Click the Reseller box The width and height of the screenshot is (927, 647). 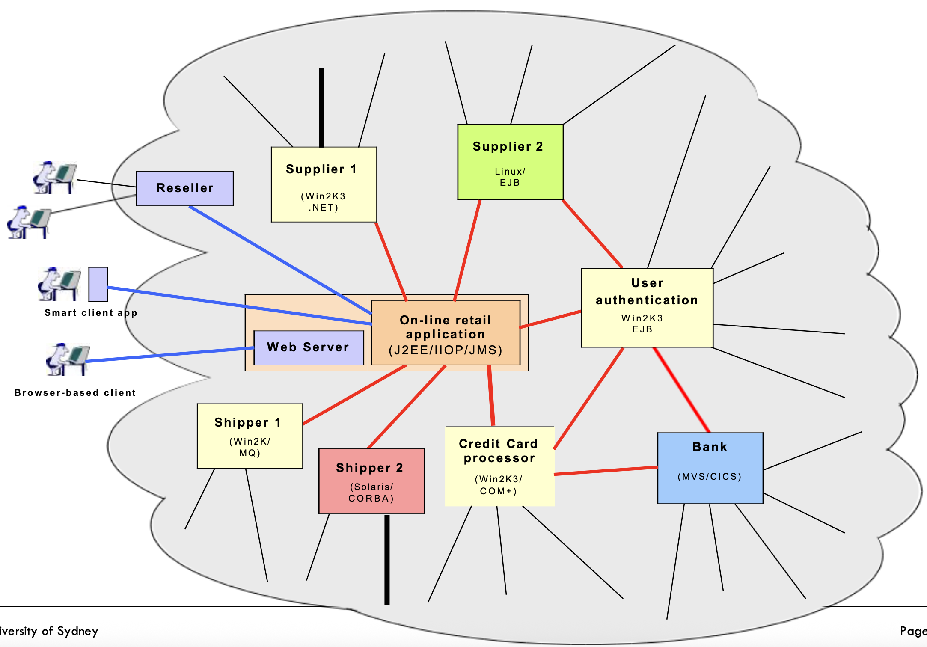click(x=185, y=189)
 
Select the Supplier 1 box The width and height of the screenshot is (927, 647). click(x=324, y=184)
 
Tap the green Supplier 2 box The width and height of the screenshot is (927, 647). click(x=510, y=162)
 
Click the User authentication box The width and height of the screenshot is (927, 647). click(x=647, y=308)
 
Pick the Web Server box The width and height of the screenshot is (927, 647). click(x=309, y=347)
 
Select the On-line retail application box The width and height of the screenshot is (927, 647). click(x=446, y=333)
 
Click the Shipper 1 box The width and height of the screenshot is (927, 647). click(x=250, y=436)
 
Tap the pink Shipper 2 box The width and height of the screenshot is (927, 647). click(x=371, y=481)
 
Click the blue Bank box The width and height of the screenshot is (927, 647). click(x=710, y=468)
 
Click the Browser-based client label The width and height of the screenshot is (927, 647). click(x=75, y=393)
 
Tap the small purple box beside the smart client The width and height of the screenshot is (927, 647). click(x=98, y=284)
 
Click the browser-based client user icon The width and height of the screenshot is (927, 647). click(x=67, y=359)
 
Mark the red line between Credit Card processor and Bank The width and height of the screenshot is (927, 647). click(x=606, y=471)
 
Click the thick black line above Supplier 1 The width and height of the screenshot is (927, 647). click(x=321, y=107)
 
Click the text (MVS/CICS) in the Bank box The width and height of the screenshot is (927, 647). click(x=710, y=477)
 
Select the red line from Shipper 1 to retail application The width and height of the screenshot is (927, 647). click(x=354, y=395)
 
